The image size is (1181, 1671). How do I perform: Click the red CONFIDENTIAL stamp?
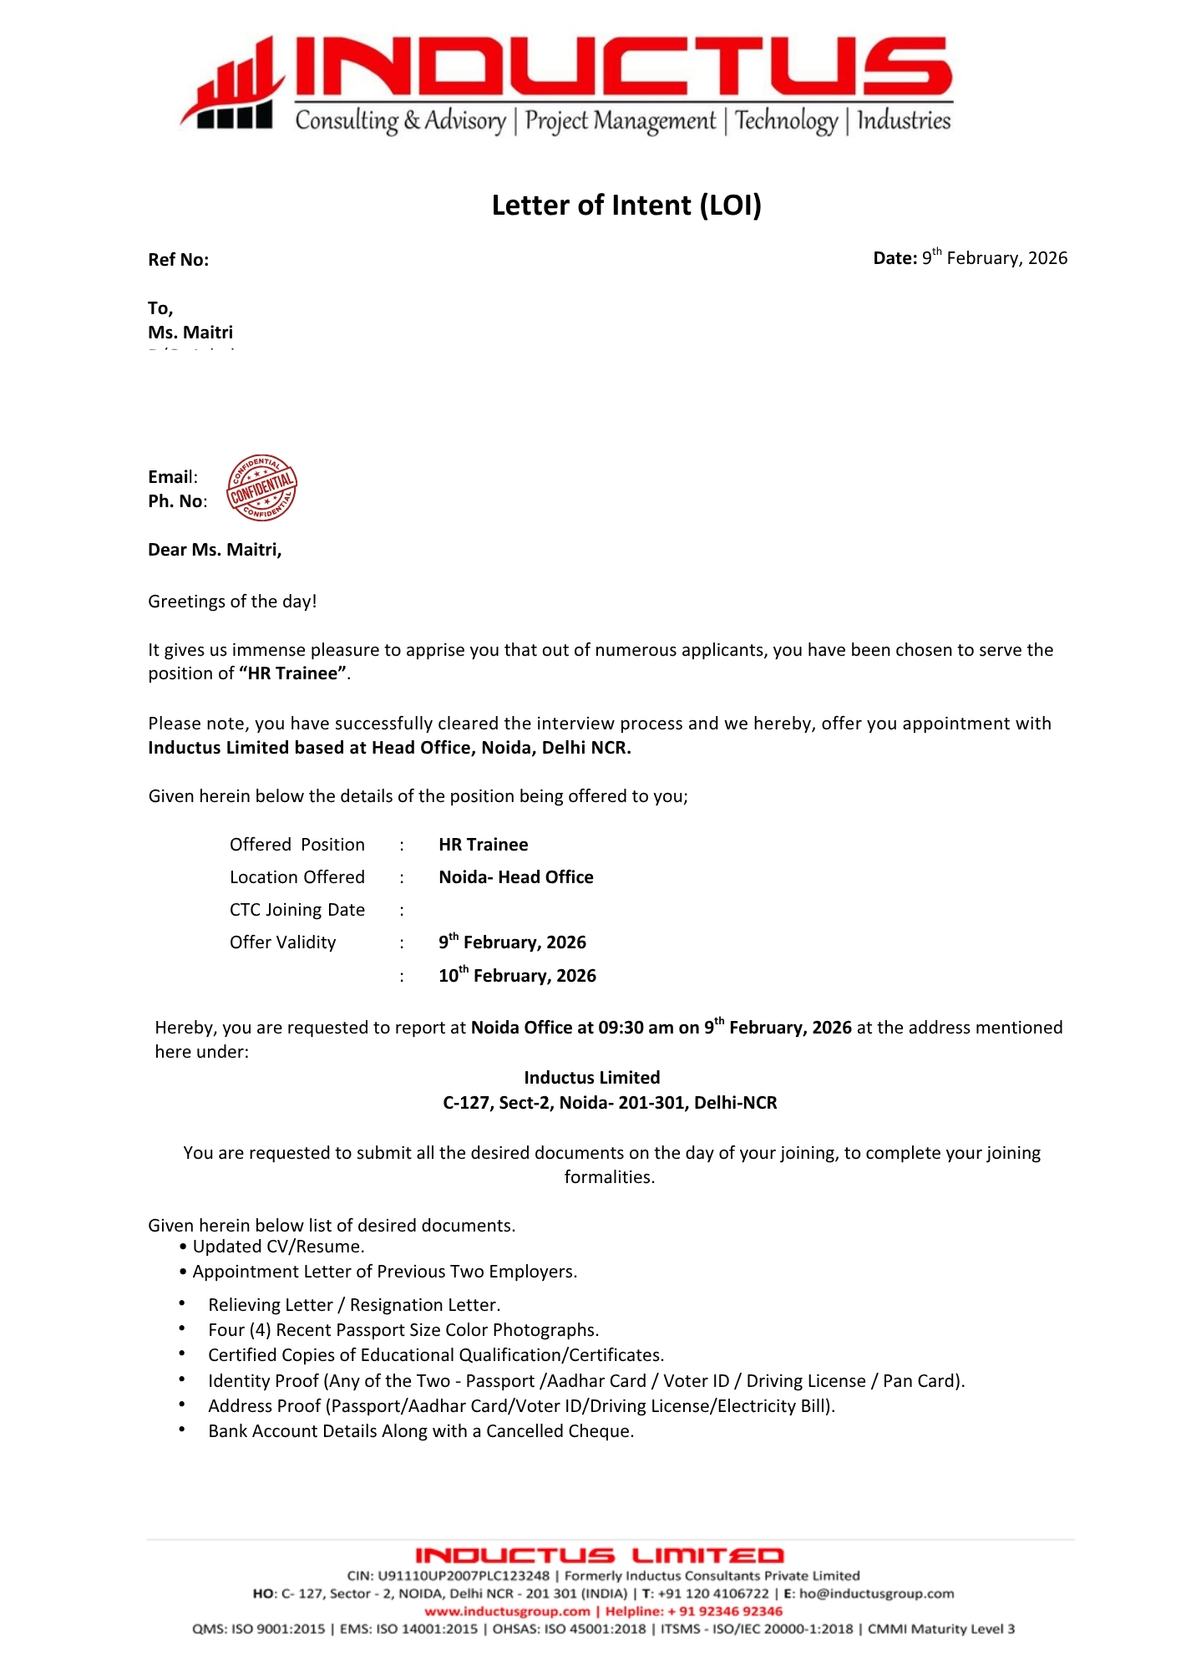coord(261,488)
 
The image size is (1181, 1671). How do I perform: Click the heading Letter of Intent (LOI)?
coord(626,206)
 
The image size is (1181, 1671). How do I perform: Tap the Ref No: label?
coord(178,260)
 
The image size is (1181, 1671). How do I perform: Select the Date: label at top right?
coord(895,258)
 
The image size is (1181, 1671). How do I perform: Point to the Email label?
coord(172,477)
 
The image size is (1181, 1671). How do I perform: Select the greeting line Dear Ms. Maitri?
coord(215,550)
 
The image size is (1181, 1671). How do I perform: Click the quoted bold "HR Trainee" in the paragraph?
coord(292,673)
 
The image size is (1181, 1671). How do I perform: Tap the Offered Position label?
coord(297,845)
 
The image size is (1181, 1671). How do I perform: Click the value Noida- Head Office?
coord(515,877)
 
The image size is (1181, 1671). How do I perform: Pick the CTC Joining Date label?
coord(297,910)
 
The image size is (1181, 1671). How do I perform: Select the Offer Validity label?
coord(282,942)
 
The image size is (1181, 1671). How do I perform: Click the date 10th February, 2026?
coord(517,976)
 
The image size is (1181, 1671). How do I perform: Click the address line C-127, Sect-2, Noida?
coord(609,1103)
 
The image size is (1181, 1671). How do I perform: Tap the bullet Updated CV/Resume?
coord(278,1247)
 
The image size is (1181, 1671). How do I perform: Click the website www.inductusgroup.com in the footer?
coord(507,1611)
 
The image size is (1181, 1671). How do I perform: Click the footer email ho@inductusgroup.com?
coord(876,1593)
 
